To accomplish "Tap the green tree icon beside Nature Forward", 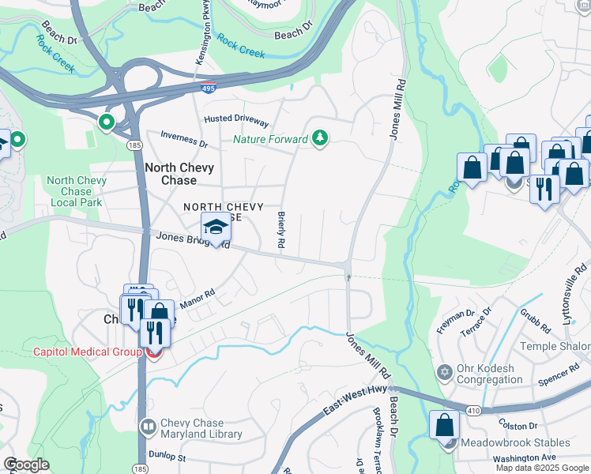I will click(x=319, y=139).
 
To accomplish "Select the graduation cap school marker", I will click(x=216, y=228).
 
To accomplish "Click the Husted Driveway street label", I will click(x=236, y=119).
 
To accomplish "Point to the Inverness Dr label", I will click(x=183, y=140).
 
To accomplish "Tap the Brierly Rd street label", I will click(x=280, y=230).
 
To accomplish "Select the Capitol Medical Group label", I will click(x=86, y=352).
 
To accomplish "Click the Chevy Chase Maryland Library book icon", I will click(x=148, y=427).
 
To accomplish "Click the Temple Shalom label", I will click(x=555, y=346).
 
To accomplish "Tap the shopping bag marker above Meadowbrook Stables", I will click(x=444, y=424).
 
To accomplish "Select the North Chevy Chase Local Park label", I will click(x=76, y=192).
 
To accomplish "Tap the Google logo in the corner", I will click(x=26, y=465).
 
